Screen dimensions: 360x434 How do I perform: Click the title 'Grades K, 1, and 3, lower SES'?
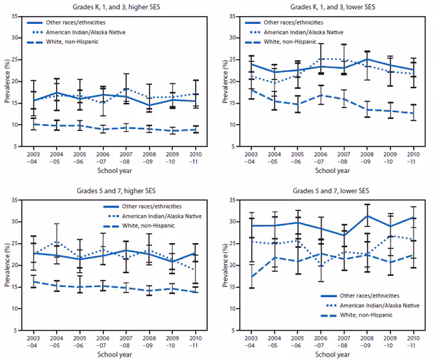tap(330, 6)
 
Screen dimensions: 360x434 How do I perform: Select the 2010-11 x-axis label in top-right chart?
tap(413, 159)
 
